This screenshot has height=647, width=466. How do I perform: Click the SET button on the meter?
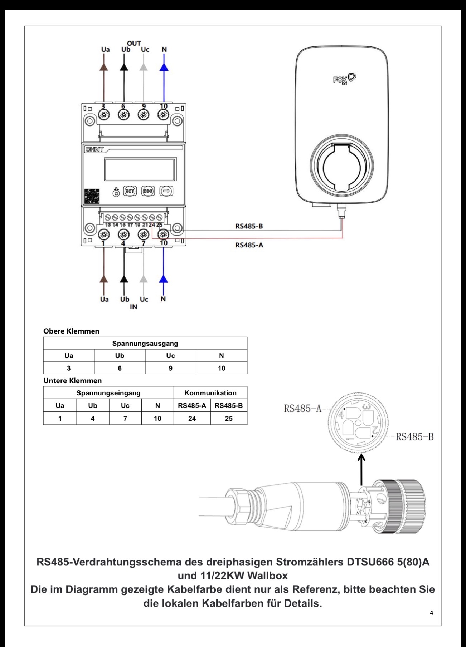(130, 191)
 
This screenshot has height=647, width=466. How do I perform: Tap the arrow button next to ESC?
(166, 191)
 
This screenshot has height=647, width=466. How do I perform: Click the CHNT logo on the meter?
(94, 149)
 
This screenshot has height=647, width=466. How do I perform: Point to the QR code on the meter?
(92, 196)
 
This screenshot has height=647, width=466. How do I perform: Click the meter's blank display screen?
(140, 170)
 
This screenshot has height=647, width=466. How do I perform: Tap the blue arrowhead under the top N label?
(164, 67)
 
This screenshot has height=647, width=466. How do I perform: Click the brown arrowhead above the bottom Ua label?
(104, 279)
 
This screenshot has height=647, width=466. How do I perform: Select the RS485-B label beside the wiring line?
(249, 226)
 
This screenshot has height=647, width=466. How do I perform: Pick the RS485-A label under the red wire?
(249, 245)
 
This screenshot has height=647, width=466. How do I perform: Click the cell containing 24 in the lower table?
(192, 418)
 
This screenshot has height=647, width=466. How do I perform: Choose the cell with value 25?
(229, 418)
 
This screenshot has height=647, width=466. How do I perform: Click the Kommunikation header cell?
(210, 393)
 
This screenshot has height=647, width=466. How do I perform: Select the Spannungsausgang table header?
(145, 343)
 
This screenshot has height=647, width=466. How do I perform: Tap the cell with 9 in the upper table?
(171, 368)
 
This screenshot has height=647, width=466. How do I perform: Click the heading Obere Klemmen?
(71, 331)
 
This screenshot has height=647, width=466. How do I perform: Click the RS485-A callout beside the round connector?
(303, 408)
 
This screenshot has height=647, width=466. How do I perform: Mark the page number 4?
(431, 613)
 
